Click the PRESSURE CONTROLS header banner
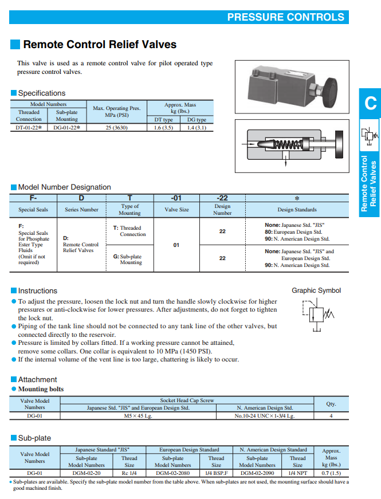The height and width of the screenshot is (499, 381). pyautogui.click(x=286, y=17)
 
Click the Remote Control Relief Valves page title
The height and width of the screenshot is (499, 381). pyautogui.click(x=100, y=45)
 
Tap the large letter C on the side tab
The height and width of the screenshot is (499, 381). pyautogui.click(x=370, y=103)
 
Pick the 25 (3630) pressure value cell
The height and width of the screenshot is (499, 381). pyautogui.click(x=116, y=128)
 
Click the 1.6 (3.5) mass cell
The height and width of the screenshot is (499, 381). pyautogui.click(x=163, y=128)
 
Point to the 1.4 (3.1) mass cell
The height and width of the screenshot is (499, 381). pyautogui.click(x=197, y=128)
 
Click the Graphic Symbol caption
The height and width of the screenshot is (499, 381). pyautogui.click(x=316, y=290)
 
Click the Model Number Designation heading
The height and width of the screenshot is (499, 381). pyautogui.click(x=64, y=187)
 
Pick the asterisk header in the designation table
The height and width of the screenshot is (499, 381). pyautogui.click(x=297, y=198)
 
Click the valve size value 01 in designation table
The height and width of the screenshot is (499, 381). pyautogui.click(x=176, y=245)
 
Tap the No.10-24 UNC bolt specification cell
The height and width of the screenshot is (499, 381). pyautogui.click(x=264, y=415)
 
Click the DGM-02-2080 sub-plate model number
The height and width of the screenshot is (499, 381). pyautogui.click(x=172, y=473)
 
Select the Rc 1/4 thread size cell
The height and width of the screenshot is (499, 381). pyautogui.click(x=129, y=473)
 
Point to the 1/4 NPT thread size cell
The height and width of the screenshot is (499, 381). pyautogui.click(x=298, y=473)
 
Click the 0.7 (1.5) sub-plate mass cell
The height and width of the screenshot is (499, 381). pyautogui.click(x=331, y=473)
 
